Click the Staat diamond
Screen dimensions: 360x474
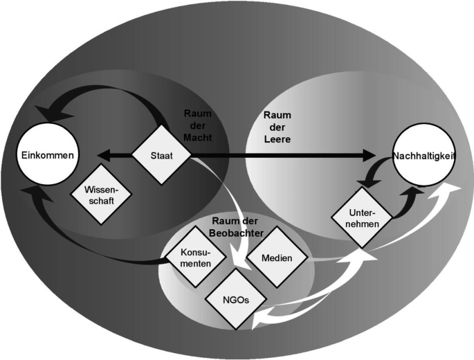pos(161,156)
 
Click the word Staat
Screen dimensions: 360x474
pos(161,156)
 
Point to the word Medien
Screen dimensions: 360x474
pos(274,258)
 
